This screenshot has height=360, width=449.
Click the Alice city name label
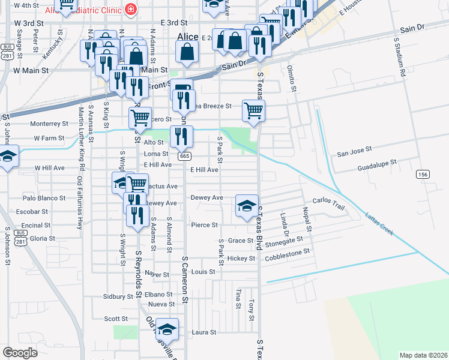188,37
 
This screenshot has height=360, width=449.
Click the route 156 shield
423,174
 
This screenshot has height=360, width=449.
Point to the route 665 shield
184,156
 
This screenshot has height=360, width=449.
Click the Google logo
20,353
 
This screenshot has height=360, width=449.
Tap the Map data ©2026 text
423,355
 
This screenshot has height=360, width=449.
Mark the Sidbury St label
118,296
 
